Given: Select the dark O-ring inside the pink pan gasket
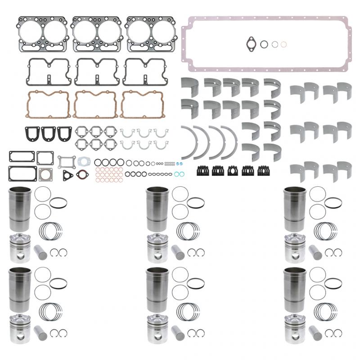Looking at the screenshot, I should tap(265, 44).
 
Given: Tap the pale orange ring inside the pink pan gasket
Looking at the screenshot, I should tap(283, 44).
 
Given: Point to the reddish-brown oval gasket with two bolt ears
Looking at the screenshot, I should tap(82, 174).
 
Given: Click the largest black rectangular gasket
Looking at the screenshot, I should tap(17, 172).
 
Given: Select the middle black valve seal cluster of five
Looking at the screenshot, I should tap(233, 171).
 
